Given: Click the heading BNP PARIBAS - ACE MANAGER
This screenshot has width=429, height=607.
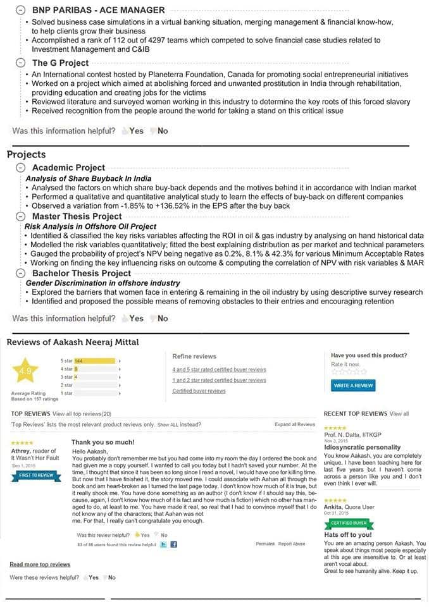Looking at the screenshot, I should [x=98, y=10].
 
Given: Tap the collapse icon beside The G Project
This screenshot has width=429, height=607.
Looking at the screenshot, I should [x=20, y=63].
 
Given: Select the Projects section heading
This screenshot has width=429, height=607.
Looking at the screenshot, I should [x=26, y=154].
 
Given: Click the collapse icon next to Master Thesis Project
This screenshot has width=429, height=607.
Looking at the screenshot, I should [x=20, y=216].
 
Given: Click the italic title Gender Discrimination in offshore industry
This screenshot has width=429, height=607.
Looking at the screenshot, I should [x=103, y=283].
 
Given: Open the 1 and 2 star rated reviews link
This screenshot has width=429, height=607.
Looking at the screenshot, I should [x=219, y=380].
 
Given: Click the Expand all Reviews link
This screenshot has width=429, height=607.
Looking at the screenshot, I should [x=294, y=424].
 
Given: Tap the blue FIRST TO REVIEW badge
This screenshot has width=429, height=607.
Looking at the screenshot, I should [x=37, y=475].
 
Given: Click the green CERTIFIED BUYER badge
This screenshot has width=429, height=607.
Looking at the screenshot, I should [x=347, y=523].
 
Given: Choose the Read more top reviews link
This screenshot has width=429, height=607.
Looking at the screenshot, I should [x=40, y=564].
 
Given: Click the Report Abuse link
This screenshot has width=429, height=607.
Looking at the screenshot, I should [x=292, y=544].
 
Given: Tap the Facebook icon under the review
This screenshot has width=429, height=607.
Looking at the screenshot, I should [x=173, y=544].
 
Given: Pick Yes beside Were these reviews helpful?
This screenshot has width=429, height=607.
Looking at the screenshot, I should [x=93, y=577].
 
